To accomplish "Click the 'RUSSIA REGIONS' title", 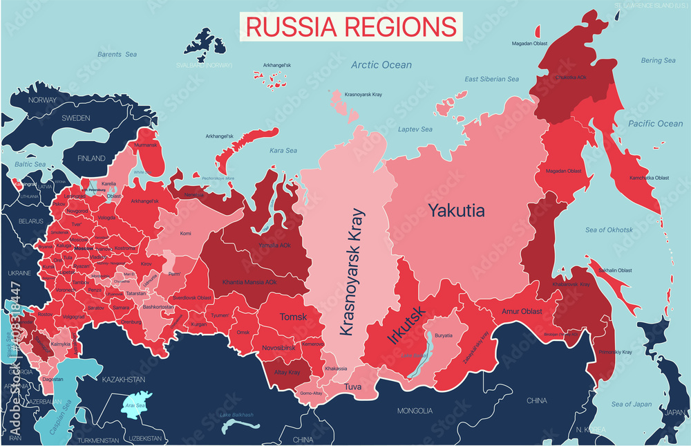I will [351, 26].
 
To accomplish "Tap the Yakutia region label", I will [456, 210].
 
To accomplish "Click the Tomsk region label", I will [293, 317].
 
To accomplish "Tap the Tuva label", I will [352, 387].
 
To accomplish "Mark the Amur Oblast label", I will [522, 311].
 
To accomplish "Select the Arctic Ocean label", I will [381, 65].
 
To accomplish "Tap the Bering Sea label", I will [658, 61].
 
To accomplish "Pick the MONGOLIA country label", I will [415, 411].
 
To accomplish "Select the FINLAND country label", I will [91, 158].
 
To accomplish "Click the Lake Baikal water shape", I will [417, 356].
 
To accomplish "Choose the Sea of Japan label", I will [631, 404].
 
